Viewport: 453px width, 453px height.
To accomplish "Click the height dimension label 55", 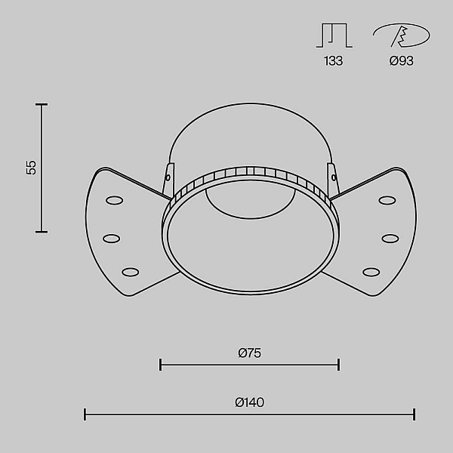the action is tap(31, 168).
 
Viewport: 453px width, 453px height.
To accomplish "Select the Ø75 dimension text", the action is tap(250, 353).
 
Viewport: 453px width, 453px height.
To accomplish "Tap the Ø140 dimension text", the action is tap(250, 402).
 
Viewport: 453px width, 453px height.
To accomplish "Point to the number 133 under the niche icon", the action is tap(334, 61).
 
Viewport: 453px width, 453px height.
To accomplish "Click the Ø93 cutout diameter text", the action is tap(402, 61).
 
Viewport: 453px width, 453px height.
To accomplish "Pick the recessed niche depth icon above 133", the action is tap(334, 35).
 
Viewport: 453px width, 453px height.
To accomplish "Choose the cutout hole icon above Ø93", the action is tap(402, 35).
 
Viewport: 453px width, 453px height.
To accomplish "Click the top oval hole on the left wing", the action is tap(115, 200).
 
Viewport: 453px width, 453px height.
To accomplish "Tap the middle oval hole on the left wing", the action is tap(112, 239).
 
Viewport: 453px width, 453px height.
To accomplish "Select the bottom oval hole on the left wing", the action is tap(131, 272).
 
